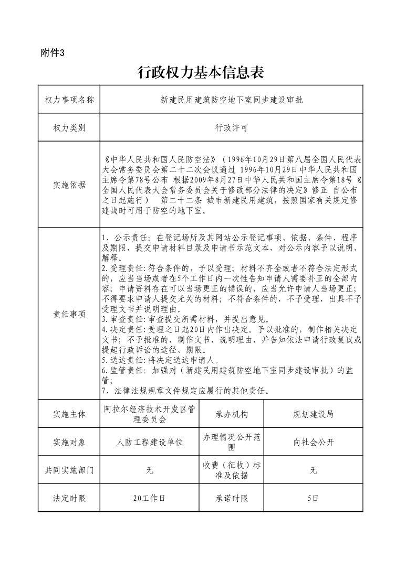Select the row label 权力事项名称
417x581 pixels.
pos(69,100)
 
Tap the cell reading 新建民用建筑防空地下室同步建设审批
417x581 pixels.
pos(232,100)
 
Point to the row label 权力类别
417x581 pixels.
pos(69,127)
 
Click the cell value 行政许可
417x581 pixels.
pos(232,127)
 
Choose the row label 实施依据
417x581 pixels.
pos(69,185)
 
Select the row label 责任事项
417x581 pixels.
pos(69,314)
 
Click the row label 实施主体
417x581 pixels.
pos(69,414)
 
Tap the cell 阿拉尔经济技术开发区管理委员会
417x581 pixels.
pos(150,414)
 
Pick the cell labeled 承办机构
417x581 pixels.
pos(232,414)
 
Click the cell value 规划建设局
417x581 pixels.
pos(313,414)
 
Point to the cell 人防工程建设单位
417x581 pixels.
pos(150,442)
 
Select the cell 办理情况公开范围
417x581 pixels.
pos(232,442)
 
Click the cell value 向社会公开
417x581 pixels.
pos(313,442)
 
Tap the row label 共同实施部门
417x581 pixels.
pos(69,470)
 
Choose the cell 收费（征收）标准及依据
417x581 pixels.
pos(232,470)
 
